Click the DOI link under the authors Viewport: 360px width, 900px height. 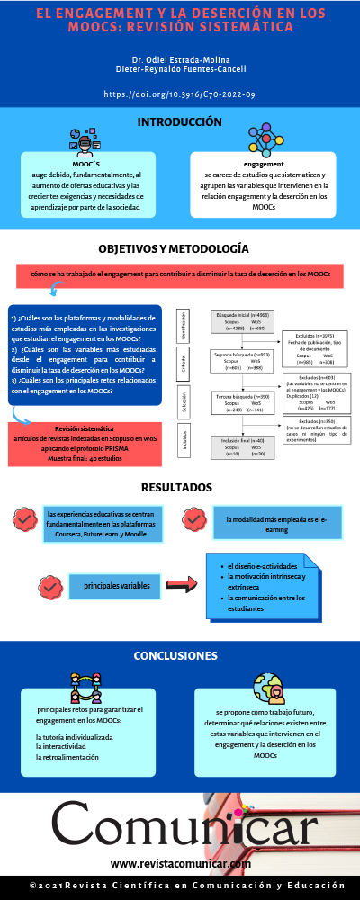coord(180,94)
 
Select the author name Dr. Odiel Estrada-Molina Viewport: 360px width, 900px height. coord(180,59)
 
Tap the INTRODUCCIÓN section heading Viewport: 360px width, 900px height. coord(180,121)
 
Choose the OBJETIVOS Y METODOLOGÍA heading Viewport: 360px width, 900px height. coord(180,249)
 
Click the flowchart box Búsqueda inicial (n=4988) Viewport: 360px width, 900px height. coord(243,321)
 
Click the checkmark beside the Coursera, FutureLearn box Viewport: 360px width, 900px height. coord(24,519)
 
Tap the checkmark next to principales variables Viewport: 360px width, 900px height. coord(49,587)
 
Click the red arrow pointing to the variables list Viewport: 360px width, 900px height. coord(182,586)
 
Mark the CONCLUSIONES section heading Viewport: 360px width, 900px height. coord(180,655)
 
